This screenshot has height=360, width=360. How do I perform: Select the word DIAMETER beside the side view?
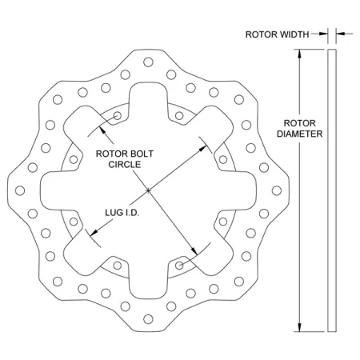click(300, 134)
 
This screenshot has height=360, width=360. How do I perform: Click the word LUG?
click(115, 213)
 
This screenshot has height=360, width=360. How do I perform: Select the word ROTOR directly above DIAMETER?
click(300, 122)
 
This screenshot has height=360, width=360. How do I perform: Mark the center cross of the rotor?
click(150, 190)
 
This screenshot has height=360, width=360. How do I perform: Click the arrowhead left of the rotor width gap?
click(324, 34)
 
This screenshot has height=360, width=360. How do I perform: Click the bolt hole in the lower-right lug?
click(182, 262)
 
